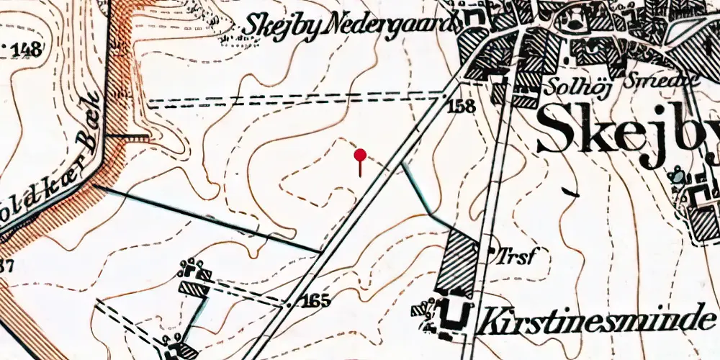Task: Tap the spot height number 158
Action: tap(462, 107)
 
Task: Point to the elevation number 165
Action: tap(316, 301)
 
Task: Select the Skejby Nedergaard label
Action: tap(351, 24)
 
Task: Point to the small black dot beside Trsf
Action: tap(492, 252)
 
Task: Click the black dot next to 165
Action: tap(289, 305)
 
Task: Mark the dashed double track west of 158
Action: tap(295, 100)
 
